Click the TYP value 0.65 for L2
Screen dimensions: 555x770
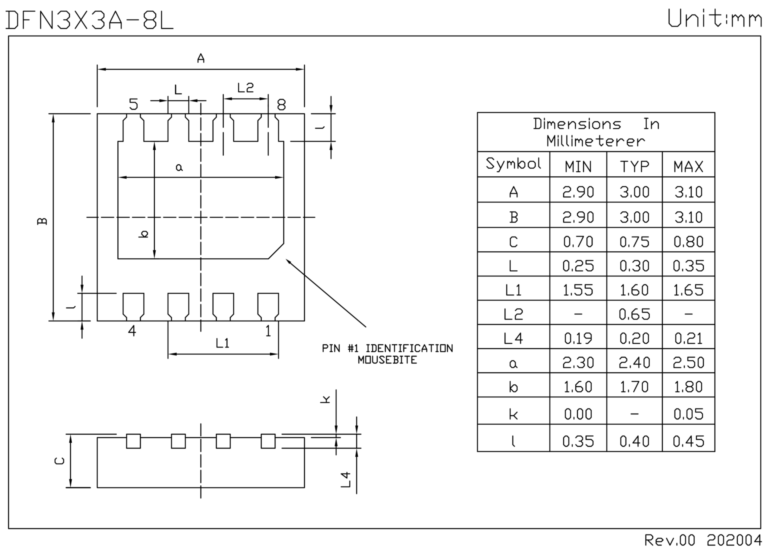point(634,314)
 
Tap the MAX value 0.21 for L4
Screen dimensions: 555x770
point(688,338)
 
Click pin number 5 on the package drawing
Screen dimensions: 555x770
point(133,104)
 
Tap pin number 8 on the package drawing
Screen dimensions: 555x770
point(281,105)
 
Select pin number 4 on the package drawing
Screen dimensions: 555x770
point(132,330)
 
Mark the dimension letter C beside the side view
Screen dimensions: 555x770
point(60,461)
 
